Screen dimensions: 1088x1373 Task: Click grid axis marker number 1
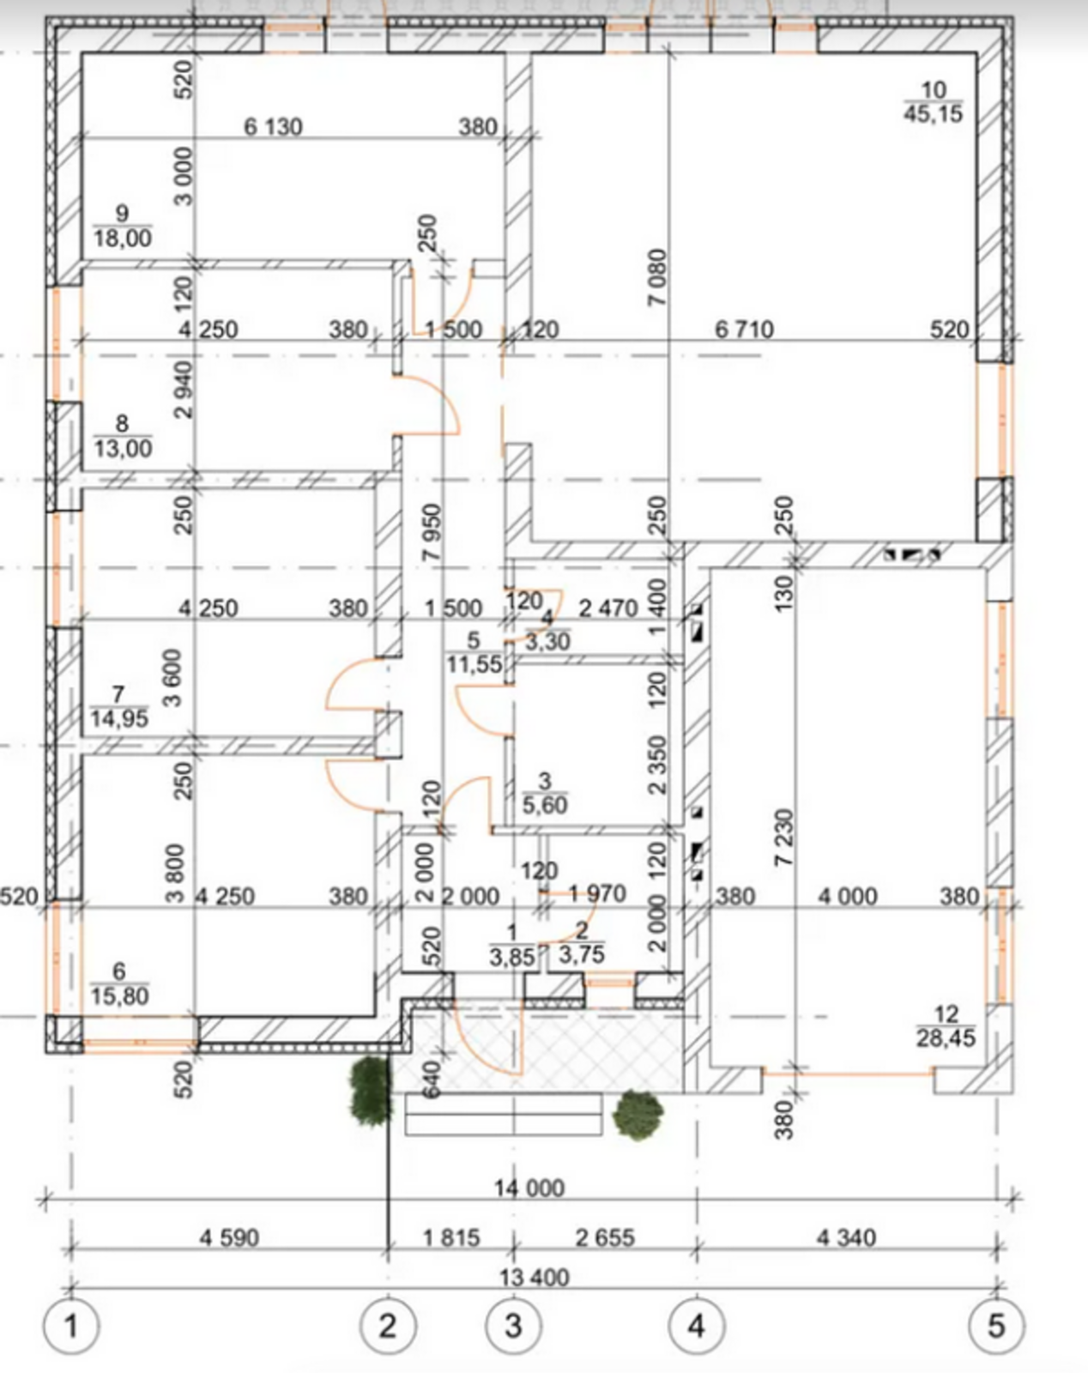(71, 1328)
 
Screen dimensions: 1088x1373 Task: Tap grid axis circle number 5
(996, 1328)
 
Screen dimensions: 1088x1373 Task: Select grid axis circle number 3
(514, 1328)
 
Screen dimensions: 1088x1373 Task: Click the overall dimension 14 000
(529, 1188)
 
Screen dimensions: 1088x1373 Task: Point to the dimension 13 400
(534, 1278)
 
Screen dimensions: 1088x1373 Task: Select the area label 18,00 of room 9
(123, 238)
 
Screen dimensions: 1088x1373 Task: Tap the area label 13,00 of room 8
(124, 448)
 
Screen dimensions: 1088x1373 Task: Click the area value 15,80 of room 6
(120, 996)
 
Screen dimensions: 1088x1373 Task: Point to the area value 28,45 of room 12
(946, 1038)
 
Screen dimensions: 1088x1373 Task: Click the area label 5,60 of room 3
(544, 805)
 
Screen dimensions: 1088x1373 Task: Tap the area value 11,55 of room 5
(474, 665)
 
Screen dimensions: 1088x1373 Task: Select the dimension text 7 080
(657, 276)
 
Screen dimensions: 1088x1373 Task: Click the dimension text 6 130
(273, 127)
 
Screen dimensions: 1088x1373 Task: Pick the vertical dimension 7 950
(432, 532)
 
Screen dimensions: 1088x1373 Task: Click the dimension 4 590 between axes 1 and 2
(229, 1237)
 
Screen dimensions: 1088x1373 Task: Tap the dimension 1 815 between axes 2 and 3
(451, 1237)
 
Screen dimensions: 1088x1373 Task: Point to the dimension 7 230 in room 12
(784, 837)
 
